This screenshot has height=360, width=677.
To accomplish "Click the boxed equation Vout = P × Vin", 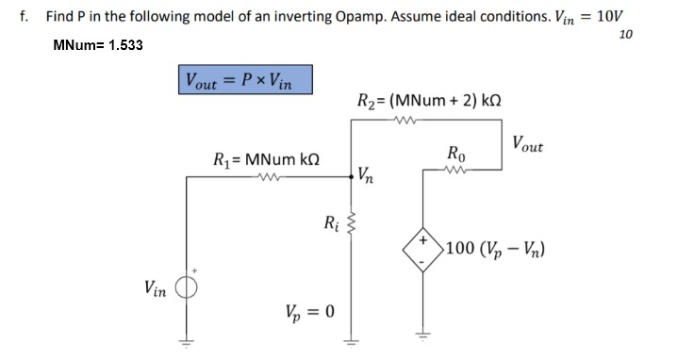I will click(244, 79).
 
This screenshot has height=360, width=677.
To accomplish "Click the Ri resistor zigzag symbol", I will click(353, 223).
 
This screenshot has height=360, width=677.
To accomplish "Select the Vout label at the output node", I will click(527, 144).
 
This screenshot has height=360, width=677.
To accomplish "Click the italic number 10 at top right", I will click(625, 35).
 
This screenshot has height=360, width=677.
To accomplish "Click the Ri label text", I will click(329, 224).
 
